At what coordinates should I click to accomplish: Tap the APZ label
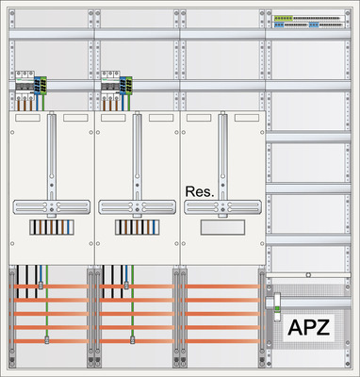[x=308, y=328]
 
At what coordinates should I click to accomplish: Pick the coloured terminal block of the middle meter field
[x=137, y=227]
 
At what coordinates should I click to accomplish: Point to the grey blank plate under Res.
[x=221, y=227]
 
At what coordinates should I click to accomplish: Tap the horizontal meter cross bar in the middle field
[x=137, y=205]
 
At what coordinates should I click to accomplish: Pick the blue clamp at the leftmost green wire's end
[x=48, y=339]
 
